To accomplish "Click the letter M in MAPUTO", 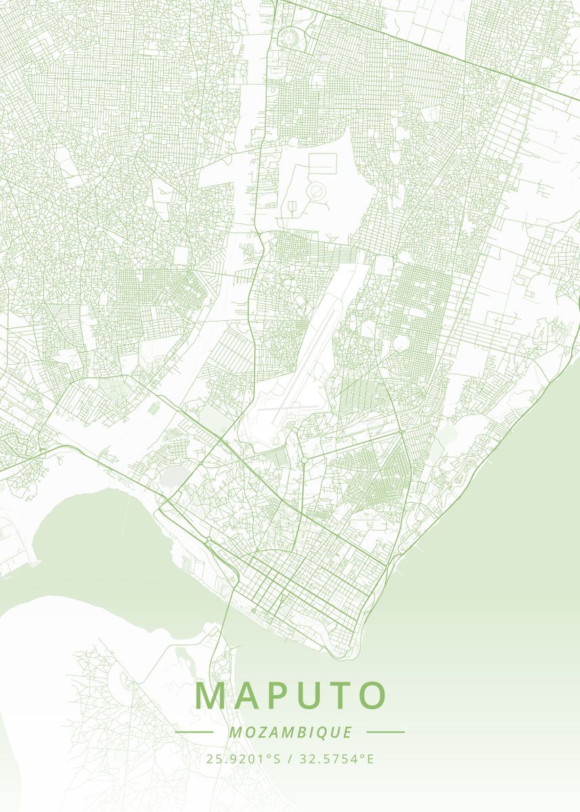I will coord(210,696).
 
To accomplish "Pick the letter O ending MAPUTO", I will coord(373,696).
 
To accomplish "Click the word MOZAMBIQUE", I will coord(290,732).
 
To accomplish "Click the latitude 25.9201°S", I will coord(244,759).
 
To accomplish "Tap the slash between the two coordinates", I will coord(289,759).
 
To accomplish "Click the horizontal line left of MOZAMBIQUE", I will coord(194,732).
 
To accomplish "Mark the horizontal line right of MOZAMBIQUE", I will coord(385,731).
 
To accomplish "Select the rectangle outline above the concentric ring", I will coord(323,163).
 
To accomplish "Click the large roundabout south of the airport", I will coord(304,460).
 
